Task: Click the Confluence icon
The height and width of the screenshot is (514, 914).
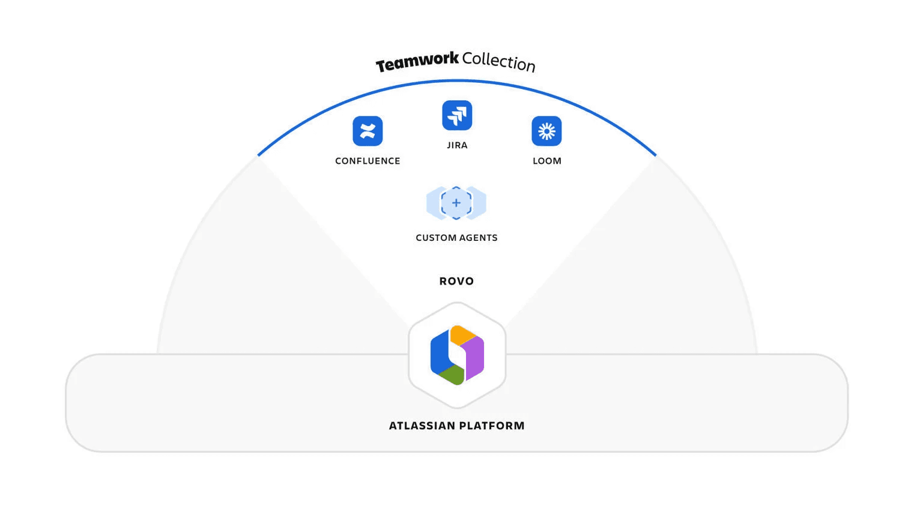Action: click(x=368, y=131)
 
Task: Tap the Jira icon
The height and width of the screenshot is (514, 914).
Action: click(x=457, y=115)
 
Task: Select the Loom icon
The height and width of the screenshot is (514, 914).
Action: click(x=546, y=131)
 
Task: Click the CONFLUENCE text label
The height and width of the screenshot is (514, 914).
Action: click(x=368, y=161)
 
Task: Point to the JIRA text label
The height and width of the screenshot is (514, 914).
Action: click(x=457, y=145)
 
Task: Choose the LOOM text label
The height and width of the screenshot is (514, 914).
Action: click(x=546, y=161)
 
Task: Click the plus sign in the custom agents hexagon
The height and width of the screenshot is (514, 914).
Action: click(x=456, y=203)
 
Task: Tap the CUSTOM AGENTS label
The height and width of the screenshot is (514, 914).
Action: click(x=456, y=238)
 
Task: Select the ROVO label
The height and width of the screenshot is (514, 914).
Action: click(x=456, y=281)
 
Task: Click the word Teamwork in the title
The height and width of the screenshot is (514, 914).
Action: click(x=417, y=61)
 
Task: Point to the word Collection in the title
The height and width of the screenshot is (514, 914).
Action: click(x=498, y=61)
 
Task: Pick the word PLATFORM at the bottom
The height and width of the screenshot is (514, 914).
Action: click(x=492, y=426)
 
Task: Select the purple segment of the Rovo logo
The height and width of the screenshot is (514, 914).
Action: click(x=474, y=357)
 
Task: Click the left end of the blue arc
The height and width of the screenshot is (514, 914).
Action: click(x=259, y=155)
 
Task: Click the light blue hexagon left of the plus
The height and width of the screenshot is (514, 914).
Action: click(x=433, y=203)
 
